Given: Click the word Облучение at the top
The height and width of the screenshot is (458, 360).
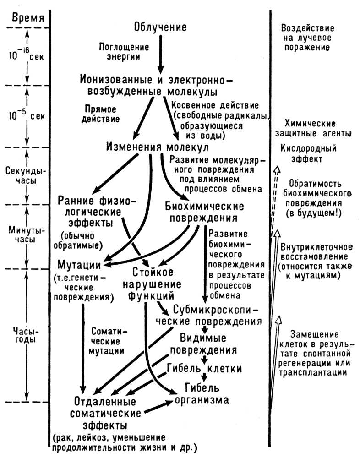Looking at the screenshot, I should coord(160,27).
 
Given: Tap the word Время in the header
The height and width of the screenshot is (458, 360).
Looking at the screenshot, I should coord(25,18).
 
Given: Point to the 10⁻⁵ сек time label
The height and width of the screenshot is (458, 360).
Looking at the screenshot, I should coord(26,116).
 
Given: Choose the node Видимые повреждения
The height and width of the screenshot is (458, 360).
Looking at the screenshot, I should coord(203,344).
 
